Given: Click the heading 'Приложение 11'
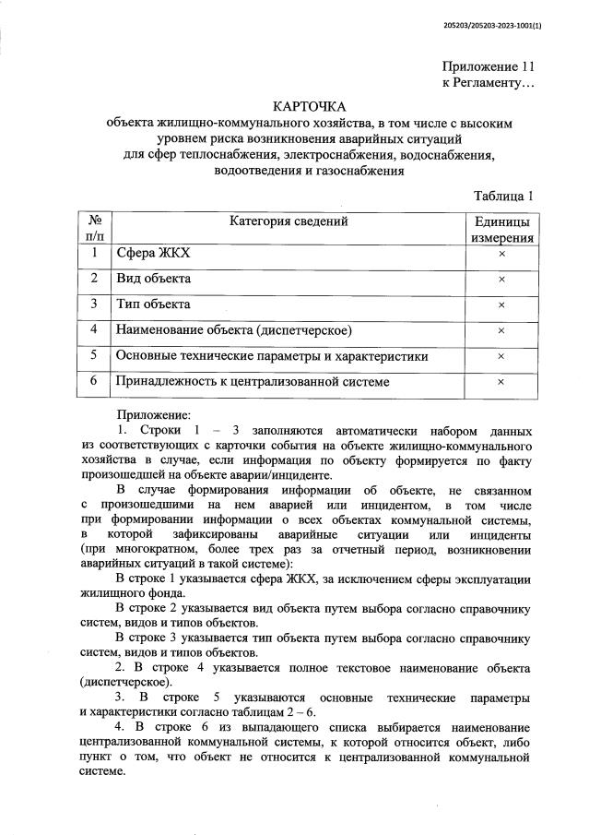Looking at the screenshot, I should point(488,66).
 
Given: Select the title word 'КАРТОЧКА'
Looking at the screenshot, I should point(309,107).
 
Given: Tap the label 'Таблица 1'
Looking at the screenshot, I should point(503,195).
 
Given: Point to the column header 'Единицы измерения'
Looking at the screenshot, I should point(501,229).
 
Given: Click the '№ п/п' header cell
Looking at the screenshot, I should point(94,229).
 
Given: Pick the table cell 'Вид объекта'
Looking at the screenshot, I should point(153,278).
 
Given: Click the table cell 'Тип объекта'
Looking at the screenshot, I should point(153,304).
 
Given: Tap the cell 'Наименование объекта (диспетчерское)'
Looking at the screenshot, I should point(235,329).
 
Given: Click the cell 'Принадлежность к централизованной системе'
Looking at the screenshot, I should point(252,381).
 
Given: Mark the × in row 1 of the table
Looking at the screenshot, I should point(501,254).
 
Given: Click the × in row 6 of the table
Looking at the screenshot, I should point(501,381).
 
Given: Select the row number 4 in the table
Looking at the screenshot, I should point(94,329).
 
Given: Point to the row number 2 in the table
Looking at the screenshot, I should point(94,278).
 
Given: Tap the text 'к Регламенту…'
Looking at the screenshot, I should point(488,84).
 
